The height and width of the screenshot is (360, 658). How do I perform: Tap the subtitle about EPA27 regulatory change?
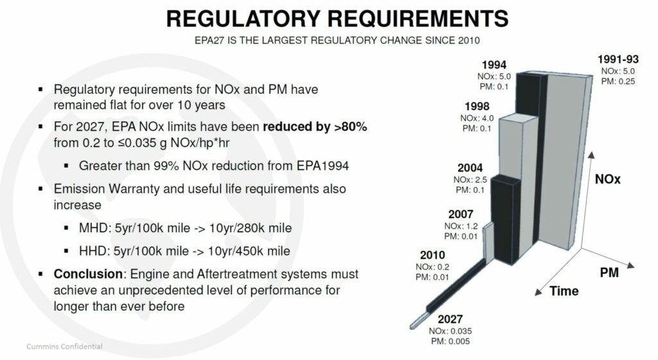[337, 40]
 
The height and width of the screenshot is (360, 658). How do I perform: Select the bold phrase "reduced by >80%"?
[315, 127]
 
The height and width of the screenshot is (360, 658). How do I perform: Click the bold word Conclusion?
[87, 274]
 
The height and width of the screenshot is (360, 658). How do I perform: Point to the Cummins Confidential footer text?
[64, 346]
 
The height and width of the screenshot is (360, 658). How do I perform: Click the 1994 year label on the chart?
[494, 65]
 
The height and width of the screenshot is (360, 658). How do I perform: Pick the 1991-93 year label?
[618, 59]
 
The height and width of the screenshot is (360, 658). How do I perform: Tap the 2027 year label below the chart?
[450, 319]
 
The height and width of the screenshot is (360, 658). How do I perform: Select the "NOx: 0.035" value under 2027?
[450, 331]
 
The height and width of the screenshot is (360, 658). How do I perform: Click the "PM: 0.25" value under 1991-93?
[618, 82]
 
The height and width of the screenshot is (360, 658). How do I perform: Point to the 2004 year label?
[470, 168]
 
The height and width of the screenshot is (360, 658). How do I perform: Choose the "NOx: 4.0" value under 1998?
[477, 118]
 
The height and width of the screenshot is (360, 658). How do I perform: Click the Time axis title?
[564, 291]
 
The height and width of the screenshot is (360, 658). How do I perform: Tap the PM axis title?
[609, 273]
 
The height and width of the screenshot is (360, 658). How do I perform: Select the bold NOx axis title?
[608, 179]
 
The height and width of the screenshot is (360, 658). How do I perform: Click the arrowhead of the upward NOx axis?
[591, 155]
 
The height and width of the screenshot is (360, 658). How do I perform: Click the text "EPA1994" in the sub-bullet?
[323, 166]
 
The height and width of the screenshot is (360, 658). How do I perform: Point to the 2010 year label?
[432, 255]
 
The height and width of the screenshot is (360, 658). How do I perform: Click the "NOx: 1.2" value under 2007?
[461, 226]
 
